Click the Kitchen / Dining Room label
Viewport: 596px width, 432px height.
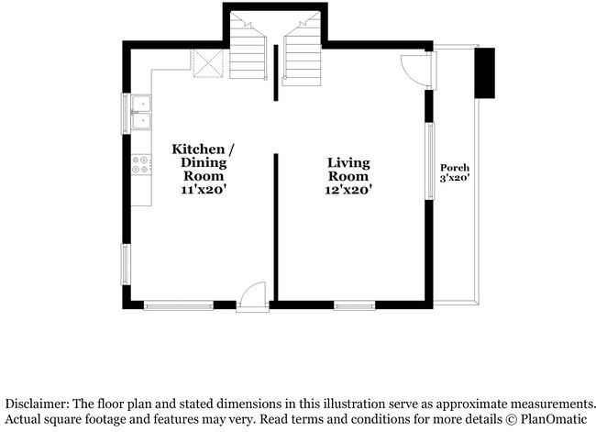(x=204, y=162)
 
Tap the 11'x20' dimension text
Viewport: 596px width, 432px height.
(x=204, y=190)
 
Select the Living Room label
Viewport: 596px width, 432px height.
(x=348, y=170)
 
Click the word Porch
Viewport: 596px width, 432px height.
(x=455, y=167)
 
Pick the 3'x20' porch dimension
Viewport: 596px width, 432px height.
(x=455, y=178)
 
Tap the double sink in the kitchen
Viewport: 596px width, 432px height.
(x=142, y=112)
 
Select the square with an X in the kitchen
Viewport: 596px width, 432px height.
(x=206, y=64)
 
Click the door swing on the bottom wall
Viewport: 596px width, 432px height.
(x=251, y=295)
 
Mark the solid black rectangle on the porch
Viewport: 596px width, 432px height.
(x=483, y=72)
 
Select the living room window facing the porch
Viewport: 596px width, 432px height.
(x=428, y=161)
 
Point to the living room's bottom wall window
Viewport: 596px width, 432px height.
(x=354, y=305)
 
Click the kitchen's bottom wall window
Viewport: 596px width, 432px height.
(x=179, y=305)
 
